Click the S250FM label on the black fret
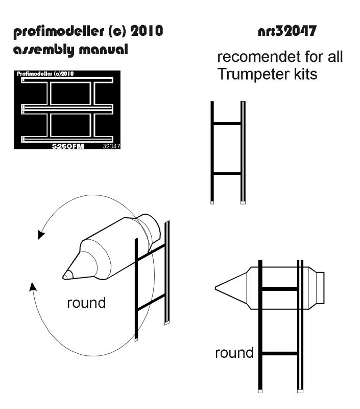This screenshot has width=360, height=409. coord(68,146)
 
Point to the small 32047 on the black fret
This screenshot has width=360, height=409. coord(111,146)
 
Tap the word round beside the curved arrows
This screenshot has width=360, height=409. coord(86,303)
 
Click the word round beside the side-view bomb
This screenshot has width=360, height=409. coord(234,353)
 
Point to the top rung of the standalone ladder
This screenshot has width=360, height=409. coord(227,123)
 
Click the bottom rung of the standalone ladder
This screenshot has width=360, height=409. coord(227,174)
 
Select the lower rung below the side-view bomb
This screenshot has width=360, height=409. coord(280,353)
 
